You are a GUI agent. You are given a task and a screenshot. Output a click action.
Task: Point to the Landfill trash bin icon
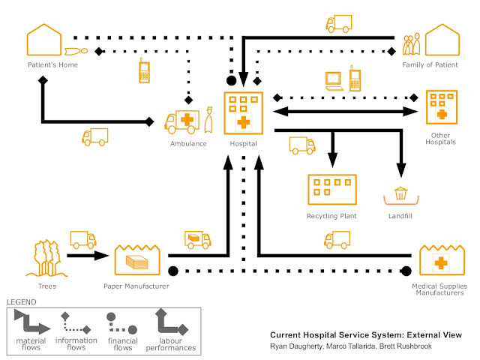tap(401, 195)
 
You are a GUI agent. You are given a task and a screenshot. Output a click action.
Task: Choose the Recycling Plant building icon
tap(331, 190)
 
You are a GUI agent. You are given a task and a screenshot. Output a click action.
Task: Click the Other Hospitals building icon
tap(442, 108)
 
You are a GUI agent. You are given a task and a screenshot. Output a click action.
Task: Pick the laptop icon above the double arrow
tap(334, 79)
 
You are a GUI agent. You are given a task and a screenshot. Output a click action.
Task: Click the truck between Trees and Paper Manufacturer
tap(82, 239)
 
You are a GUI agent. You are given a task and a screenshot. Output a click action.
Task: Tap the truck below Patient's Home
tap(95, 137)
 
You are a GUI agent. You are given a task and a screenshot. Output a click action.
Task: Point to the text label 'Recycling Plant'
tap(331, 216)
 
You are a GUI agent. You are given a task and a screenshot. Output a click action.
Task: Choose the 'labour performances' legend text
tap(172, 344)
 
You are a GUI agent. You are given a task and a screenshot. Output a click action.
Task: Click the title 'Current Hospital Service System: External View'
tap(366, 335)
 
